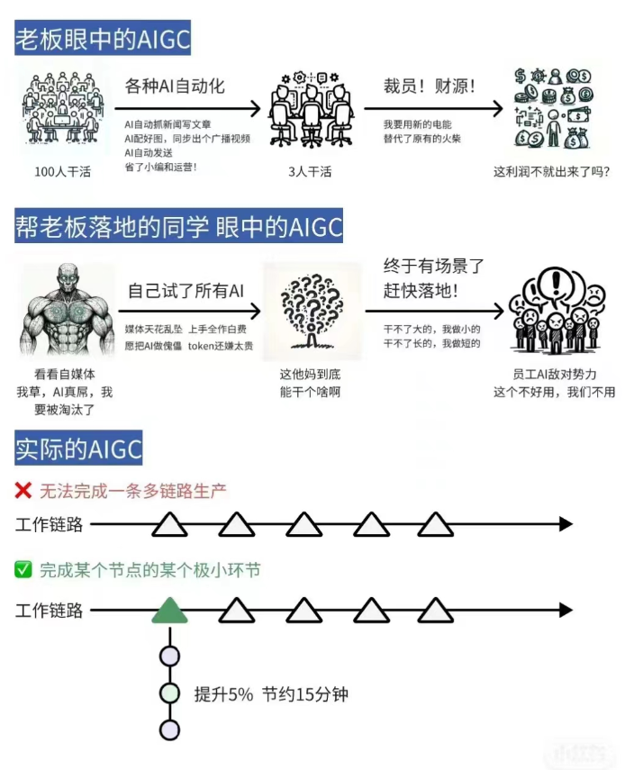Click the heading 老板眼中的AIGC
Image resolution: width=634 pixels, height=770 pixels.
tap(103, 39)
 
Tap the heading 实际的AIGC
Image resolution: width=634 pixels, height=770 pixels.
tap(78, 448)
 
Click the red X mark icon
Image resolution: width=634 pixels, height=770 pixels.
tap(23, 491)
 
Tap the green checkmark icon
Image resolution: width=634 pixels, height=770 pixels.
tap(23, 569)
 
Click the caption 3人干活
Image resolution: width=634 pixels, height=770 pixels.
tap(310, 171)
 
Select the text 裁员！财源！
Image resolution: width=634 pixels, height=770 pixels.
tap(430, 87)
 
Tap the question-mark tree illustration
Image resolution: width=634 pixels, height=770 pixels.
tap(312, 311)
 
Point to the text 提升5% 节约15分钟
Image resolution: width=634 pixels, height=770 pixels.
tap(271, 694)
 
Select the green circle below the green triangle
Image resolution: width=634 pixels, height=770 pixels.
tap(169, 693)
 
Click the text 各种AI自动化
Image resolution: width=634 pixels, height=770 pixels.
tap(175, 86)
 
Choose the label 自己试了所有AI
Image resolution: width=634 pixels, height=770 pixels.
tap(186, 290)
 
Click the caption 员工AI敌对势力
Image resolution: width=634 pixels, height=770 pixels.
tap(553, 373)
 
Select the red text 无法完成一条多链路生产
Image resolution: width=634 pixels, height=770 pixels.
tap(133, 492)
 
